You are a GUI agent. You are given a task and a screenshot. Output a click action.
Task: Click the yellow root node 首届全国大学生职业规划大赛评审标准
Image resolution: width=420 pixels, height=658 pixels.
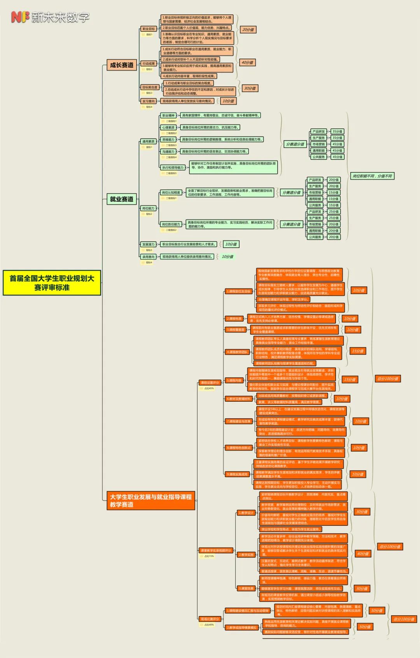click(52, 283)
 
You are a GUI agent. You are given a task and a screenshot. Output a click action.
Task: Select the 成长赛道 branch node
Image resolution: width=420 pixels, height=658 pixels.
click(121, 65)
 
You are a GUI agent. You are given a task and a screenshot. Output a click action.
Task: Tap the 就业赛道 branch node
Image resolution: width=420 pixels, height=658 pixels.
click(121, 199)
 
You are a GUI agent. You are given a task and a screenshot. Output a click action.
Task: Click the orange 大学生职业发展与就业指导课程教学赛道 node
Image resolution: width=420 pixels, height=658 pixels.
click(150, 500)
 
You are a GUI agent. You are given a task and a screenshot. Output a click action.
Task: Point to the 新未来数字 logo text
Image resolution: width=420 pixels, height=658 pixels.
click(60, 17)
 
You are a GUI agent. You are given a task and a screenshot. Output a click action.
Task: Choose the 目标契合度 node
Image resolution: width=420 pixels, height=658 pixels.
click(150, 87)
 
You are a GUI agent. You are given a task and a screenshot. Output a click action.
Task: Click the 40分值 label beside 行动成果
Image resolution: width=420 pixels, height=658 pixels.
click(247, 62)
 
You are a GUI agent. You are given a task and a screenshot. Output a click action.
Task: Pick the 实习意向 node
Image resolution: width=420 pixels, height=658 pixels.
click(149, 101)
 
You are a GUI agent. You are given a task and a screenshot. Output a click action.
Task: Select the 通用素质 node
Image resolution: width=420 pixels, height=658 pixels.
click(149, 142)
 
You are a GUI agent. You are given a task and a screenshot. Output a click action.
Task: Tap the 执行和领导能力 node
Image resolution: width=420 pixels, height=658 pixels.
click(173, 168)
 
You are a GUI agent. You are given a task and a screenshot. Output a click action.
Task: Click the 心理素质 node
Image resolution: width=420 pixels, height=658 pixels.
click(168, 128)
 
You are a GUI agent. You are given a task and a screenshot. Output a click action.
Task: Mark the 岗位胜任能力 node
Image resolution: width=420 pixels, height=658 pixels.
click(171, 224)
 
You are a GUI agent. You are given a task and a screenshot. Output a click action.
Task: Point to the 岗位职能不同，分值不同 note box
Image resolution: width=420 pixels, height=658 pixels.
click(372, 176)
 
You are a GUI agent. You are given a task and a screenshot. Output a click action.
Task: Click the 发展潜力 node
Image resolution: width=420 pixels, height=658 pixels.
click(148, 245)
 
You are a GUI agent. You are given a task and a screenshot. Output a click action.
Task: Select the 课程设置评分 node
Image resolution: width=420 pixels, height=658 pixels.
click(210, 383)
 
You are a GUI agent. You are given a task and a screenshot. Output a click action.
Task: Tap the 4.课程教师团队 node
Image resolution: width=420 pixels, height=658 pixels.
click(237, 352)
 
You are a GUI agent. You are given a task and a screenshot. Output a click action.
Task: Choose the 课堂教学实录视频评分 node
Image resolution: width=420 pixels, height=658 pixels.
click(216, 551)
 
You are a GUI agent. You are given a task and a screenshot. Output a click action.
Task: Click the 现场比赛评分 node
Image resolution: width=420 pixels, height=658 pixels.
click(210, 619)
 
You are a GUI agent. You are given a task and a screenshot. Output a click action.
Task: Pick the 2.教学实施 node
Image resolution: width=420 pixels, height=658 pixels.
click(246, 555)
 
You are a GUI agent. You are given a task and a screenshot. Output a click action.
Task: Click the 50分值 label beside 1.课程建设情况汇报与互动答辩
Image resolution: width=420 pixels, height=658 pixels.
click(376, 611)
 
